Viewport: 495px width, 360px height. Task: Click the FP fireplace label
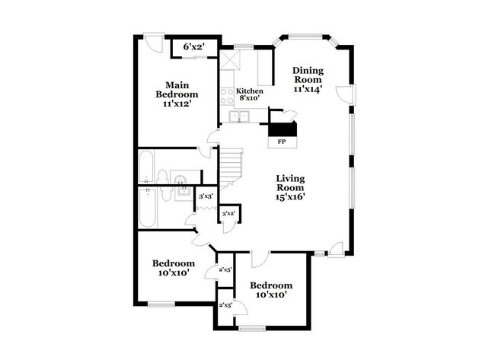(281, 142)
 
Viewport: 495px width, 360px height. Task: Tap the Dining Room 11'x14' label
(308, 79)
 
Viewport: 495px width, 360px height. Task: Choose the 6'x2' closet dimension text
(193, 47)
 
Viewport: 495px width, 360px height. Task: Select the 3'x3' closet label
(205, 196)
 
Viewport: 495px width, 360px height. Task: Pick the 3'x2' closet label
(228, 214)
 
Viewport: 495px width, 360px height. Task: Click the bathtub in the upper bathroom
(148, 167)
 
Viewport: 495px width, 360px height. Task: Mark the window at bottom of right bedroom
(251, 329)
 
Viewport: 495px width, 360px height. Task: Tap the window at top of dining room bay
(305, 36)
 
